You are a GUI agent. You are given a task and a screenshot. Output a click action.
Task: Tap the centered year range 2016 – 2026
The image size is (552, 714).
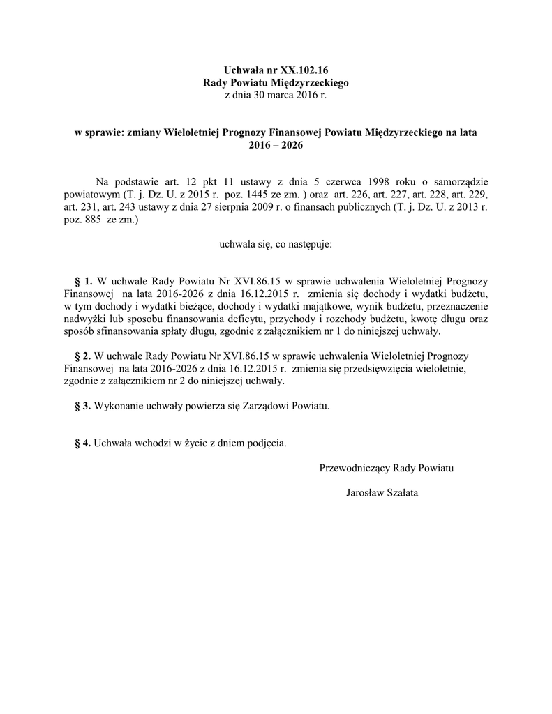point(276,144)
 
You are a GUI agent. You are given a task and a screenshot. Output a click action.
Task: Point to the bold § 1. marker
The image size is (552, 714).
point(83,281)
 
